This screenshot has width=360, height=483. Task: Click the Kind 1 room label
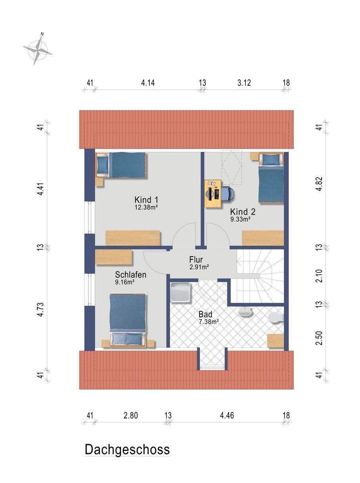tap(146, 200)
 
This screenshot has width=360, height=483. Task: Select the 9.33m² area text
tap(240, 219)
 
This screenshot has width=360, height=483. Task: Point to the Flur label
tap(196, 260)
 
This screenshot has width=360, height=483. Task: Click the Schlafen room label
tap(130, 275)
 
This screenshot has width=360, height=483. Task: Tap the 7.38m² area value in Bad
tap(209, 322)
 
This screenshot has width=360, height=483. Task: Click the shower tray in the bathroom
tap(180, 293)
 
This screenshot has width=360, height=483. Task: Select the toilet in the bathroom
tap(276, 318)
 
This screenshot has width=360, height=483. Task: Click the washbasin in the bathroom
tap(245, 312)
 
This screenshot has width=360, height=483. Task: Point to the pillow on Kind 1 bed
tap(102, 165)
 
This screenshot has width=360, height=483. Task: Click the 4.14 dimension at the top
tap(148, 83)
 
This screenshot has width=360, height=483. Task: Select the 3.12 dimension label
tap(244, 83)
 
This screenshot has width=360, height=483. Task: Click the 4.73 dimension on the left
tap(40, 310)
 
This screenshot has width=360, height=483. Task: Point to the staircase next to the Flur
tap(260, 276)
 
